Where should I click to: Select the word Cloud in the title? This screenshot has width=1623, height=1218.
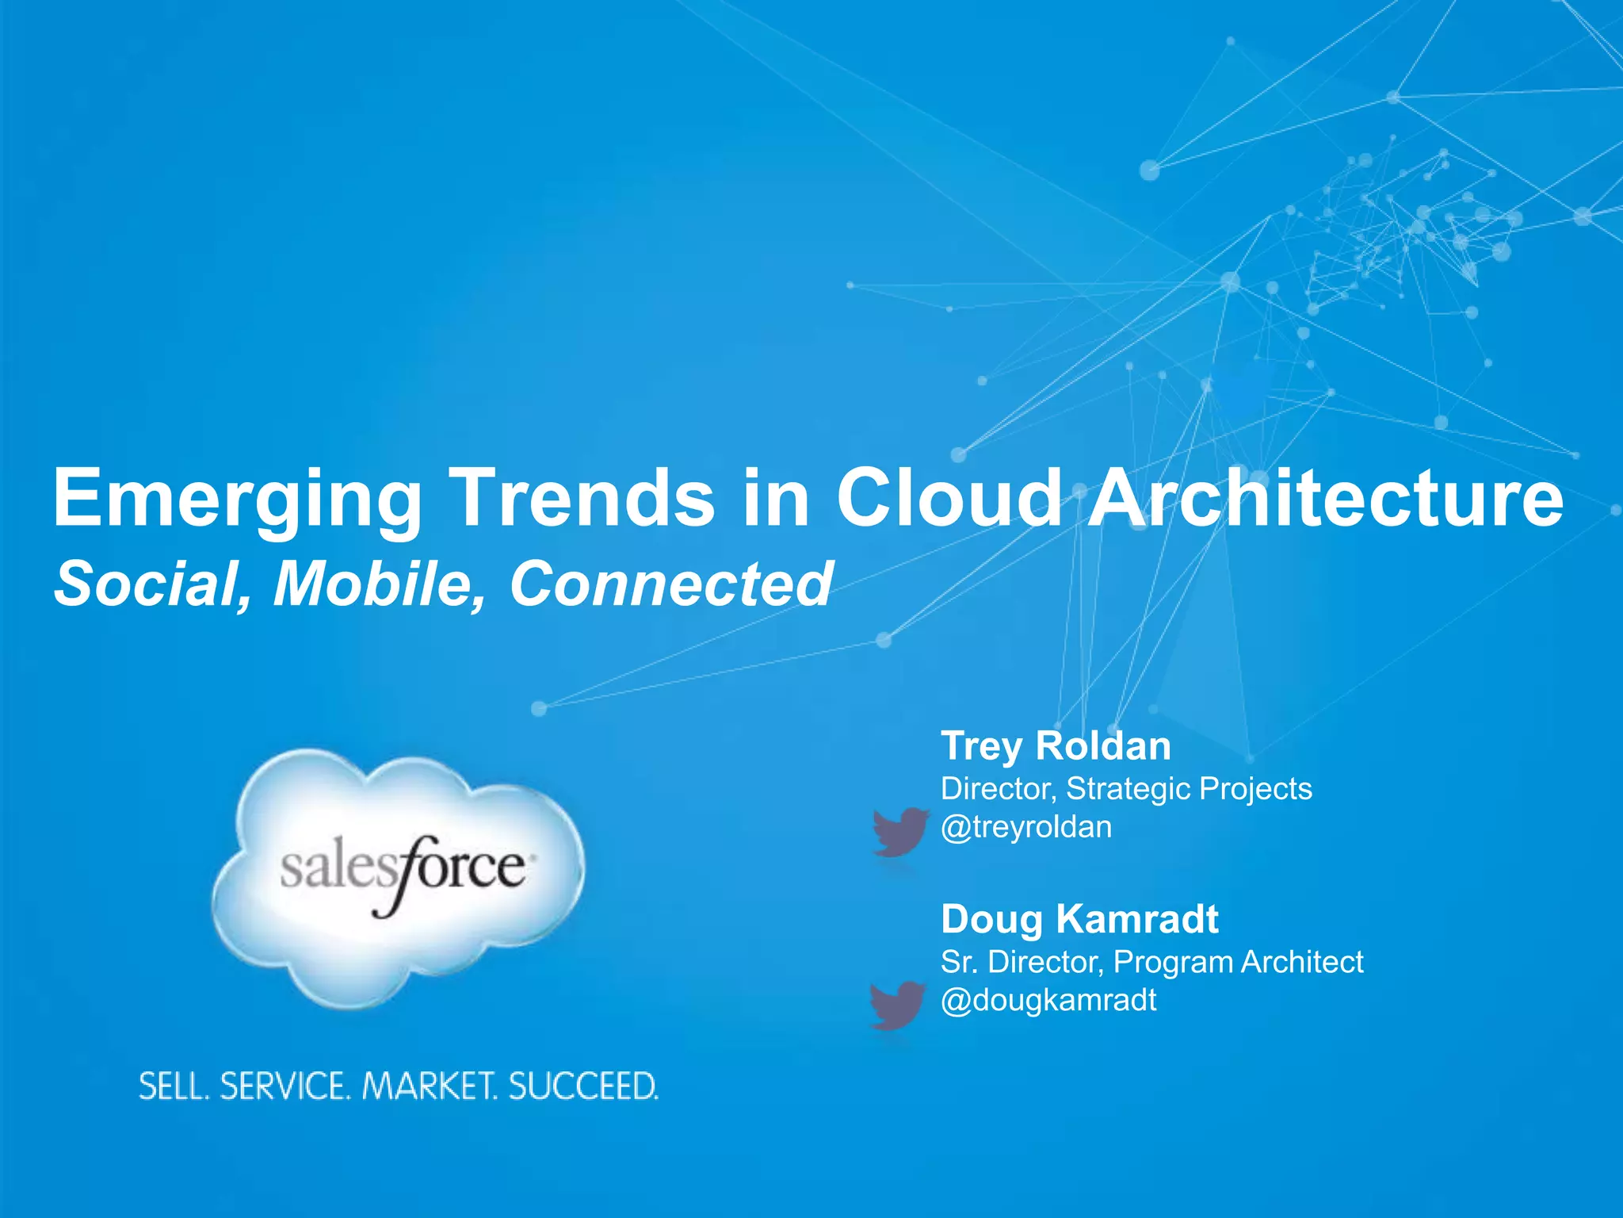click(x=949, y=497)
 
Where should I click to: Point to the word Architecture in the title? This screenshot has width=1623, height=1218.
click(x=1325, y=497)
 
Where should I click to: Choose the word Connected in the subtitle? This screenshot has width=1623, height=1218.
click(x=670, y=584)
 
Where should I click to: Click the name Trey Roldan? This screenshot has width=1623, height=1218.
click(x=1056, y=746)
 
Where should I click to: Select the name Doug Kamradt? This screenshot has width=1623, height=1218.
click(x=1079, y=919)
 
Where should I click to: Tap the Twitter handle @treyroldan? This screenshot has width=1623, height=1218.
click(x=1026, y=827)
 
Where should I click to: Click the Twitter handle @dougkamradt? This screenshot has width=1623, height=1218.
click(x=1048, y=1000)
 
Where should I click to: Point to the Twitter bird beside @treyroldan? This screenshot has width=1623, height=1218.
click(x=899, y=832)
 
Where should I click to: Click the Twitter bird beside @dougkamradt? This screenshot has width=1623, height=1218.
click(x=897, y=1005)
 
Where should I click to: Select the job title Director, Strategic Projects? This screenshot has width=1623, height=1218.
click(x=1126, y=789)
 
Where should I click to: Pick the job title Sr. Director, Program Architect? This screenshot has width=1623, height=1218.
click(x=1151, y=962)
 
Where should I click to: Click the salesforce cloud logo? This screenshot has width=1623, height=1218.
click(x=399, y=876)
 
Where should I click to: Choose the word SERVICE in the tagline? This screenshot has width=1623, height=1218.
click(x=285, y=1086)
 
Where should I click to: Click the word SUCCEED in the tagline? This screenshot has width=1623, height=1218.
click(x=582, y=1086)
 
